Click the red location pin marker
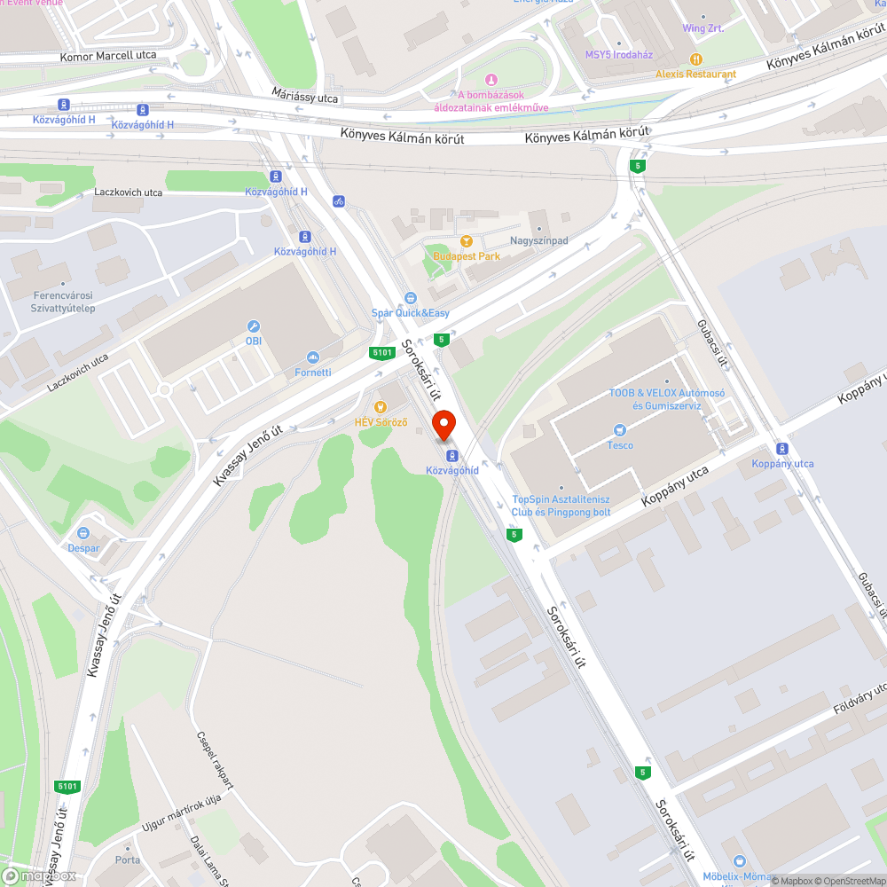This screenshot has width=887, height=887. (443, 424)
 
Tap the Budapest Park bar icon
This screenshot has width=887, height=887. (466, 241)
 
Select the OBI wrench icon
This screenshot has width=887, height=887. (254, 326)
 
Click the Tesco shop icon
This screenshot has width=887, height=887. (620, 430)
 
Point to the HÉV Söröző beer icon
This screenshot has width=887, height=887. (381, 406)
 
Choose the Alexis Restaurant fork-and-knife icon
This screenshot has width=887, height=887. (696, 59)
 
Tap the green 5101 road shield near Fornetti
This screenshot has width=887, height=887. (382, 353)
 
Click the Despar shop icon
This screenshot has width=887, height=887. (83, 533)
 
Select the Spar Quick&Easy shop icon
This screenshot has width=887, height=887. (410, 298)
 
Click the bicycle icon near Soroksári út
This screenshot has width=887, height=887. (339, 201)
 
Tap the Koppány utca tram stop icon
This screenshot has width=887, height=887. (781, 449)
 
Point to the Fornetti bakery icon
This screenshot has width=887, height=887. (312, 357)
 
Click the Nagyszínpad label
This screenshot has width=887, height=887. (538, 240)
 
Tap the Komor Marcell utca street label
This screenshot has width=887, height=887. (108, 55)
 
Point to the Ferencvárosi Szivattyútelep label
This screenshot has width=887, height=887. (64, 302)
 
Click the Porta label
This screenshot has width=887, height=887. (127, 860)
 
